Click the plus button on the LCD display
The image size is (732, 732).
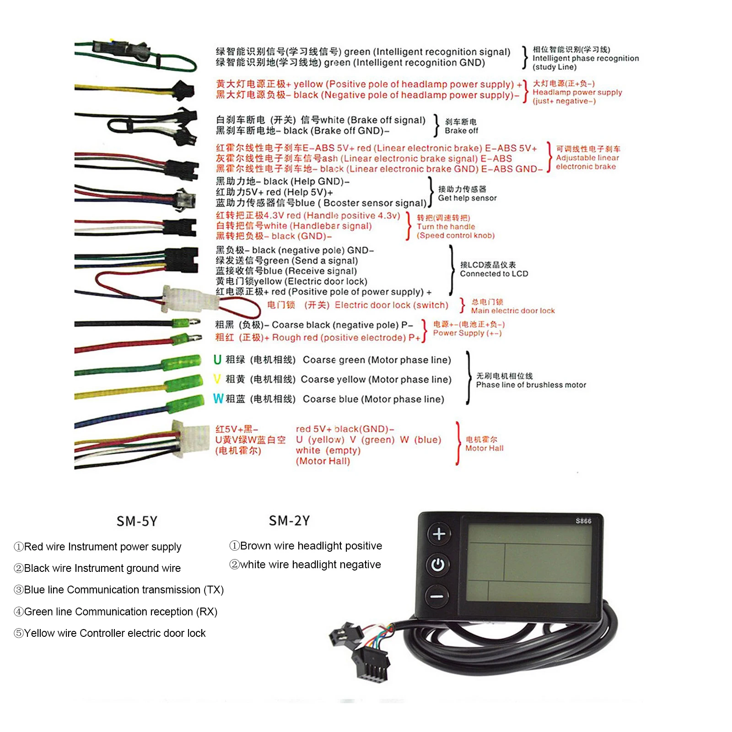(439, 534)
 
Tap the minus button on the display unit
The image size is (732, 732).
(437, 596)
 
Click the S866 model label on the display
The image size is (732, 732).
(583, 521)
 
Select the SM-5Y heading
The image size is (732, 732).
(137, 521)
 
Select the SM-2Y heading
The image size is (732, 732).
(289, 521)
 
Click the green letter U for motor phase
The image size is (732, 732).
(217, 360)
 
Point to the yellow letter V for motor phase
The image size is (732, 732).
(217, 379)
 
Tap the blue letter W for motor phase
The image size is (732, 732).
(218, 398)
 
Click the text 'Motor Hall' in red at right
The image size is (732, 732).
(484, 448)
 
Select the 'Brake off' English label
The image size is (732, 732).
(461, 131)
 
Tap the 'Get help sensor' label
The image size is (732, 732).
(467, 198)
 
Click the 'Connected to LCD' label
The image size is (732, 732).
(494, 274)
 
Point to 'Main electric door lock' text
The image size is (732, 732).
(513, 311)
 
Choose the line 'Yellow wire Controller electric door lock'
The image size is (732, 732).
(110, 633)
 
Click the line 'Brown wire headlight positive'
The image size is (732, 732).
(306, 546)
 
